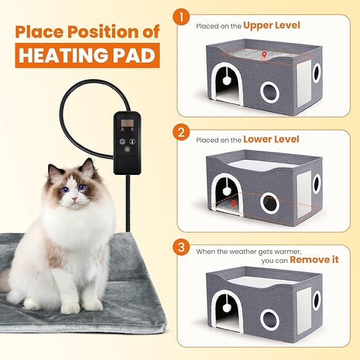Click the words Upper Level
(x=271, y=25)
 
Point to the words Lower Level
(x=271, y=139)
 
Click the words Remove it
(x=314, y=260)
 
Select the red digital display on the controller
(x=126, y=123)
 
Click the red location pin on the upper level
(x=264, y=54)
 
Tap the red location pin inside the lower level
(x=234, y=203)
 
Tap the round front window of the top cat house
(x=270, y=92)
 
